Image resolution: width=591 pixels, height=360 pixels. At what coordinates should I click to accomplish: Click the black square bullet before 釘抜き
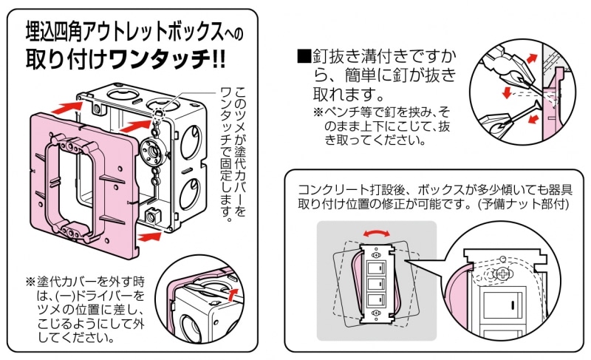click(x=301, y=56)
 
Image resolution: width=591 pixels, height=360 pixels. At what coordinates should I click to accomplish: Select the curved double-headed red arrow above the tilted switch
click(x=377, y=234)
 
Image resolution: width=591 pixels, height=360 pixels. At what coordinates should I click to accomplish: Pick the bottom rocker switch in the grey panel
click(x=375, y=300)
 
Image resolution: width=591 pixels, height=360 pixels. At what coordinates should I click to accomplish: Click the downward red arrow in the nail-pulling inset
click(x=506, y=93)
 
